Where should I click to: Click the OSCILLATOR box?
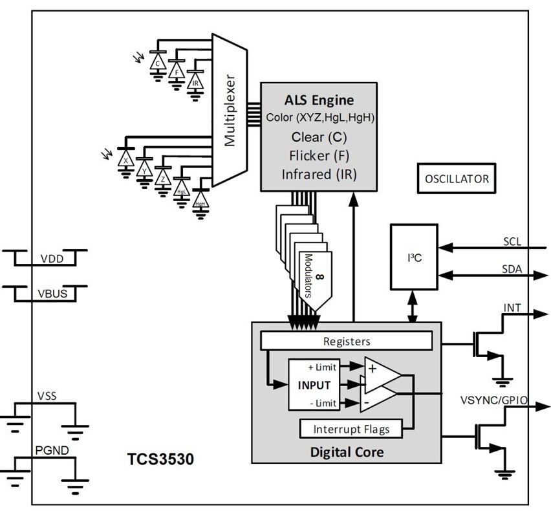tap(457, 179)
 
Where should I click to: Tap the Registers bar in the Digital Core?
tap(345, 340)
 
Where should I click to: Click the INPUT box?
tap(314, 385)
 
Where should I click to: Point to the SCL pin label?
tap(512, 241)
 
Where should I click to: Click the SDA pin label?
tap(512, 268)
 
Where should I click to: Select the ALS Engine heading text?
tap(319, 100)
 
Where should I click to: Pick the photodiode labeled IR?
tap(195, 83)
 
